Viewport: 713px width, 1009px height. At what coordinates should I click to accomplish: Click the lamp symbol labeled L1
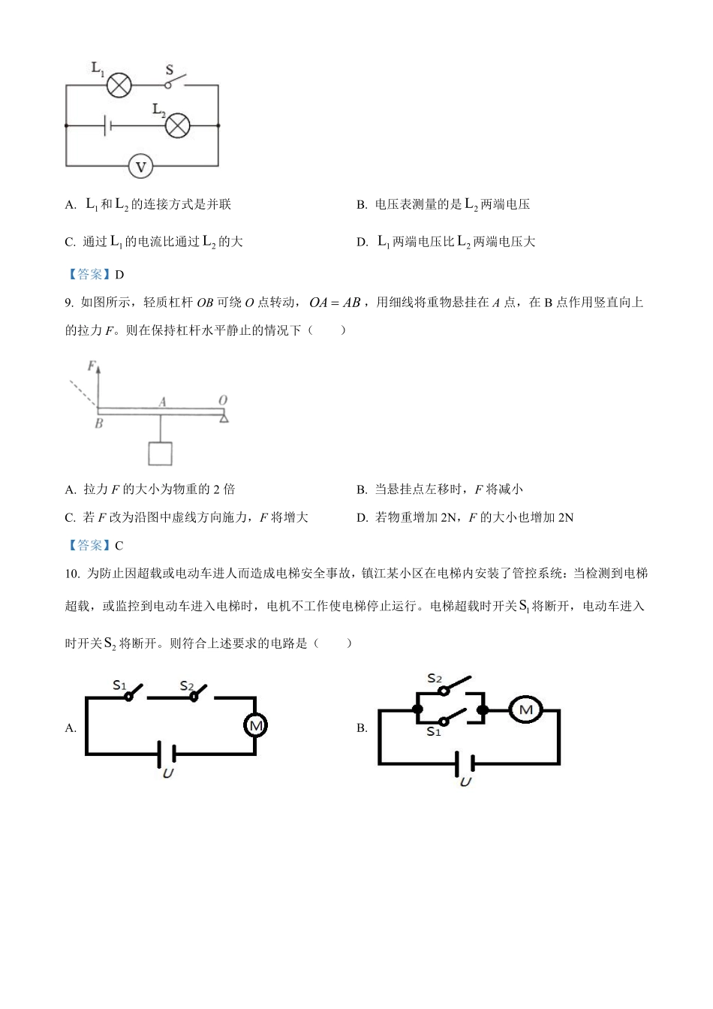pyautogui.click(x=119, y=86)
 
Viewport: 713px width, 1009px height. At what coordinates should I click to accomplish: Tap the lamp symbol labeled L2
pyautogui.click(x=177, y=125)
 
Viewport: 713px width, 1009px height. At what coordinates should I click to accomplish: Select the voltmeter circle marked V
pyautogui.click(x=140, y=166)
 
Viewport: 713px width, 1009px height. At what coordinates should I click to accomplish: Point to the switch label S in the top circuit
pyautogui.click(x=170, y=71)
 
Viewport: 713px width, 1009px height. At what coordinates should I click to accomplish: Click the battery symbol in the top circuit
pyautogui.click(x=107, y=125)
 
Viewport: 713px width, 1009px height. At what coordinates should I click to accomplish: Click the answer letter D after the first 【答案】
pyautogui.click(x=120, y=275)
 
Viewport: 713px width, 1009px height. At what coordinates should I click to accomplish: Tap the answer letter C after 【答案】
pyautogui.click(x=119, y=546)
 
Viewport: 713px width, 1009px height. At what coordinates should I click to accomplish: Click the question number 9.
pyautogui.click(x=69, y=303)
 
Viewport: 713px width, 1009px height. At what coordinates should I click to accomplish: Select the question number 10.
pyautogui.click(x=72, y=574)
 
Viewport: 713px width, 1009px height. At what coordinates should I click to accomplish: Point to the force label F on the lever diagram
pyautogui.click(x=92, y=366)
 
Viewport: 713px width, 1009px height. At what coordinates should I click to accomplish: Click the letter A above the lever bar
pyautogui.click(x=161, y=402)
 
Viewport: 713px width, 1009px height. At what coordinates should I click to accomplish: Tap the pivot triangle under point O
pyautogui.click(x=223, y=417)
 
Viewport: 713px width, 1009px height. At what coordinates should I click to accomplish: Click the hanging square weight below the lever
pyautogui.click(x=160, y=453)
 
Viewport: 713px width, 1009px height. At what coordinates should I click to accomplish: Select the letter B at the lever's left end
pyautogui.click(x=98, y=423)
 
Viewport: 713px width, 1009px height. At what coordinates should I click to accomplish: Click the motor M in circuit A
pyautogui.click(x=255, y=725)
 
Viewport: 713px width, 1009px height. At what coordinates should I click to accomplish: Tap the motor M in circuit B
pyautogui.click(x=525, y=709)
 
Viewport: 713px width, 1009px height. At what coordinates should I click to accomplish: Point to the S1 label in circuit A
pyautogui.click(x=119, y=685)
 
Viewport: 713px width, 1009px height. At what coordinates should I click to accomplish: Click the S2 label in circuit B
pyautogui.click(x=435, y=679)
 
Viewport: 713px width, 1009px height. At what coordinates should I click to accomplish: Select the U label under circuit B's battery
pyautogui.click(x=465, y=782)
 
